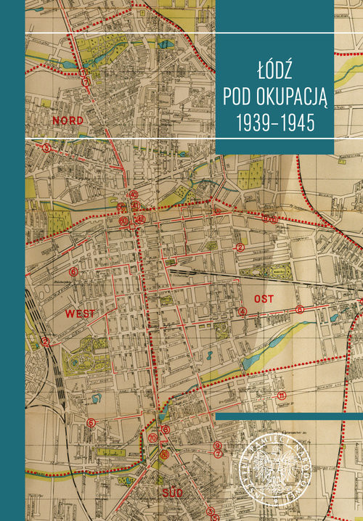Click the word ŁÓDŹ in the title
click(x=275, y=73)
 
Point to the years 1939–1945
click(x=275, y=123)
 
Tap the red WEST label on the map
click(x=80, y=314)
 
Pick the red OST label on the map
click(x=261, y=298)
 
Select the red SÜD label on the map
click(x=172, y=493)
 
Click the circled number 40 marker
click(x=133, y=194)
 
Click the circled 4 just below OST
click(x=242, y=312)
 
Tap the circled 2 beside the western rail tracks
click(x=45, y=341)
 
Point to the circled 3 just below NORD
click(x=46, y=147)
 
